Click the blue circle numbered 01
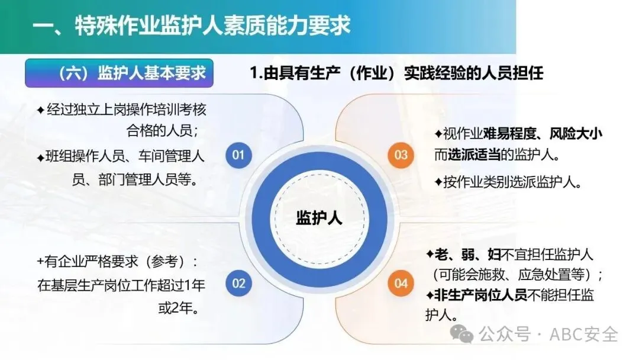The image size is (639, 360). click(x=238, y=155)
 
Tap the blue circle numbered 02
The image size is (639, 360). click(x=238, y=283)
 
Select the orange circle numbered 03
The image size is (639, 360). click(x=401, y=155)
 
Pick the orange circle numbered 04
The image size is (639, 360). click(x=401, y=283)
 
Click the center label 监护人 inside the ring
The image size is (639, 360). click(x=319, y=218)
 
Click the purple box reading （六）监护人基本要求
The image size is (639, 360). click(x=119, y=73)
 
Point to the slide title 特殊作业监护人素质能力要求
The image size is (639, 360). click(x=213, y=25)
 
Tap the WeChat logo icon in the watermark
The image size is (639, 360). click(x=461, y=335)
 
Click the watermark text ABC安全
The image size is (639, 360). click(x=583, y=335)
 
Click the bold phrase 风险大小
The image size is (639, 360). click(x=576, y=133)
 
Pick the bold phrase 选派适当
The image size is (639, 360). click(x=474, y=155)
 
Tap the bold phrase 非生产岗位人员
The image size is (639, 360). click(x=481, y=295)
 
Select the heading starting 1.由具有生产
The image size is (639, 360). click(x=396, y=73)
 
